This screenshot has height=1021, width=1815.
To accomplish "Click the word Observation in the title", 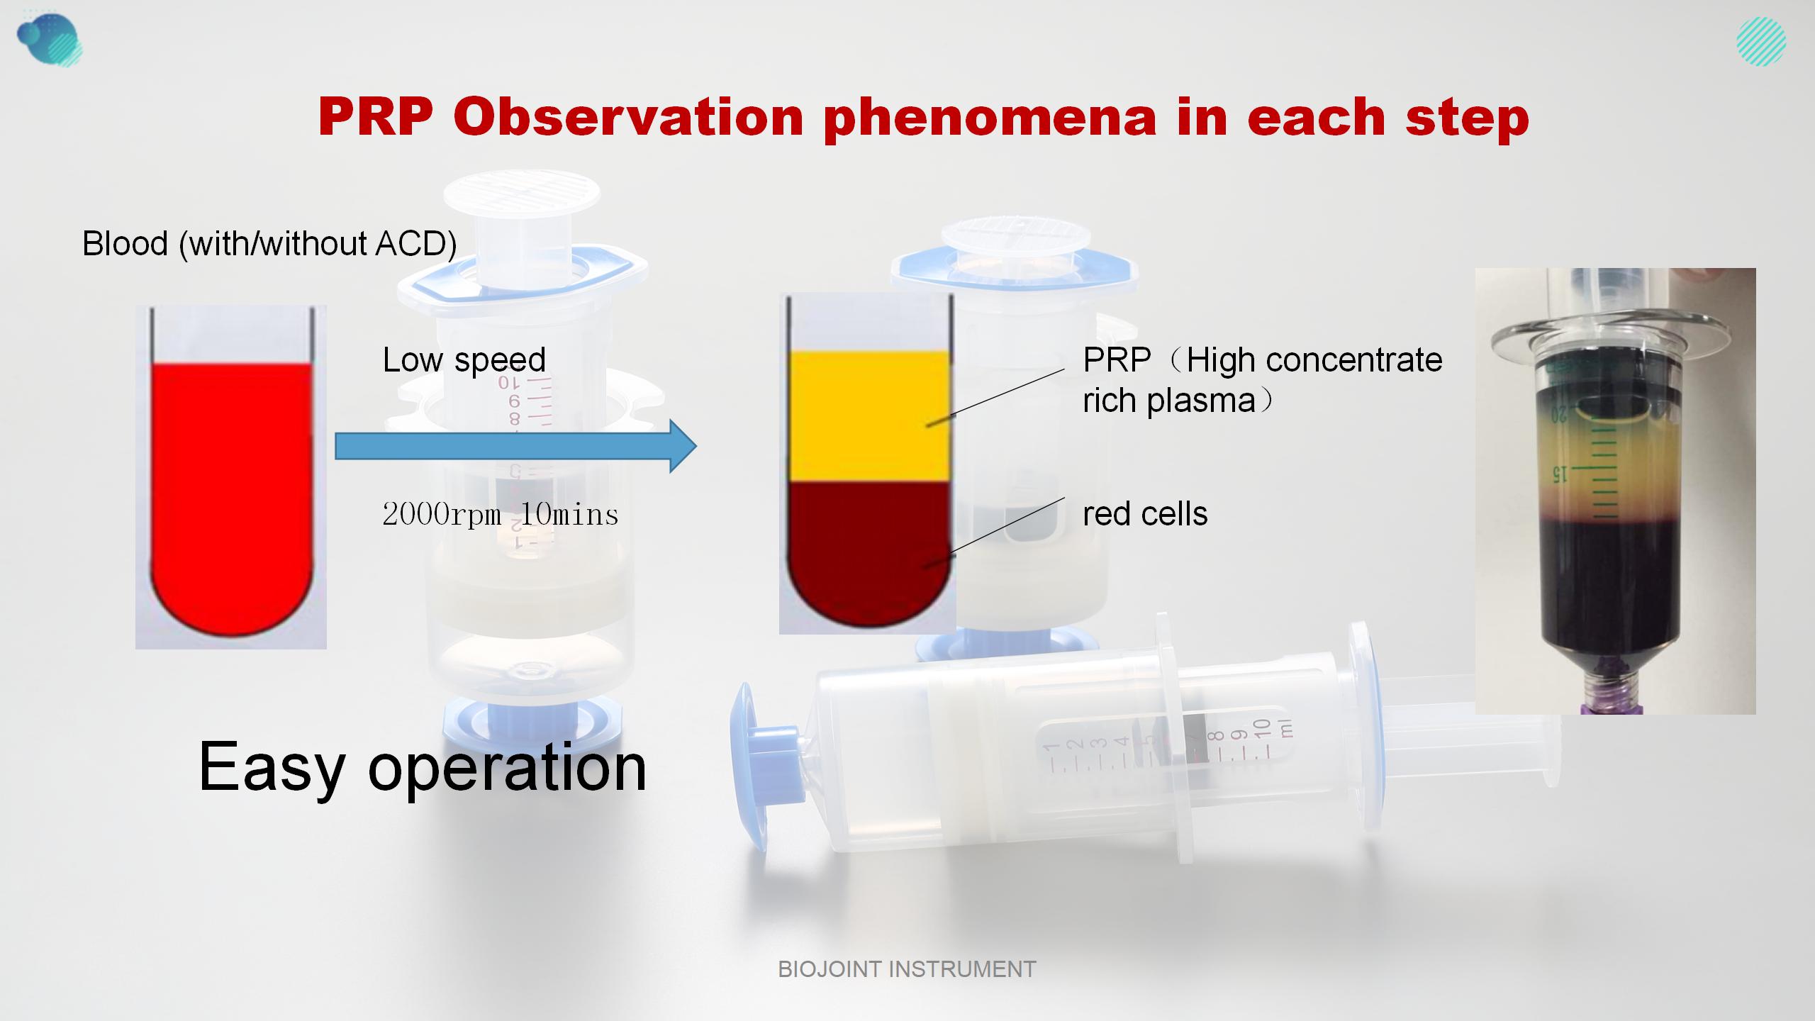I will [627, 117].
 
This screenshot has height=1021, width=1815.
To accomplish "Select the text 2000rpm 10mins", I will [500, 514].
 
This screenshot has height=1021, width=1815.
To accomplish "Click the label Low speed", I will [464, 360].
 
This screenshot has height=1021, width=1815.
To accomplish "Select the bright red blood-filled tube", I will [231, 489].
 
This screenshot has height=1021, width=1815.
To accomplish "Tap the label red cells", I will [1144, 514].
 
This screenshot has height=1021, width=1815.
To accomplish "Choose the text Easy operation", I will [423, 767].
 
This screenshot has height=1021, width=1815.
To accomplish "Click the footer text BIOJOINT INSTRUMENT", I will [907, 969].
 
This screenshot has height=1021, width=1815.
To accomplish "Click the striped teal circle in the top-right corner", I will [1760, 42].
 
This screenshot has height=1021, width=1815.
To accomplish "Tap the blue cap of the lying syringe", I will [752, 766].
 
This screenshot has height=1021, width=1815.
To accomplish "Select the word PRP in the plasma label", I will [1116, 360].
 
